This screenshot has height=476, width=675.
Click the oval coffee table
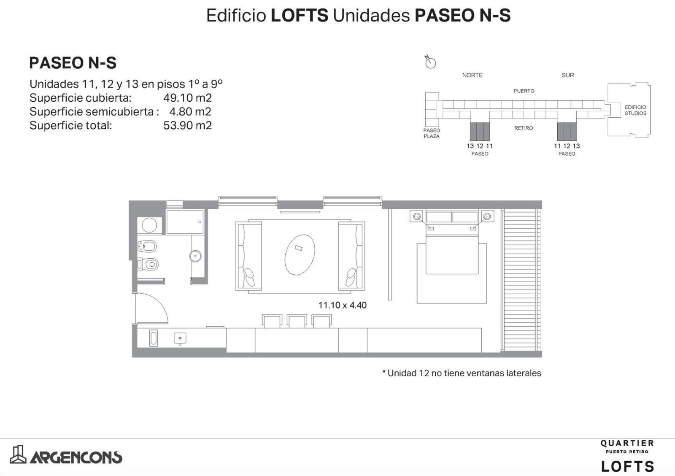click(300, 255)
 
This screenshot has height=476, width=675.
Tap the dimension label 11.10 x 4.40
click(342, 305)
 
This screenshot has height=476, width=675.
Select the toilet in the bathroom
click(148, 265)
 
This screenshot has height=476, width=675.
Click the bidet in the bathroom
click(147, 246)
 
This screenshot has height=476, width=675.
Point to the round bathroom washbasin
click(196, 256)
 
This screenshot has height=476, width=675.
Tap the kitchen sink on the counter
click(180, 338)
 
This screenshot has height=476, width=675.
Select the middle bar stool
click(297, 321)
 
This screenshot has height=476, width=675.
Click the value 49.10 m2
click(187, 97)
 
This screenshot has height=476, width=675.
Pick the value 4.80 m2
click(190, 111)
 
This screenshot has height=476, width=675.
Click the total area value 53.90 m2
click(187, 125)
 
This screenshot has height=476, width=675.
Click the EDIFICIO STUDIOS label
click(635, 110)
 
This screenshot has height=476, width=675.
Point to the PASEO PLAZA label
click(432, 133)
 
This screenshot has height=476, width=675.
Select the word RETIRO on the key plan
click(524, 128)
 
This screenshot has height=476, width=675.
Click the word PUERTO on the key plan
click(524, 91)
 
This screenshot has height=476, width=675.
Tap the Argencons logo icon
click(19, 454)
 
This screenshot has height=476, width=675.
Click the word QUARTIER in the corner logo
click(627, 443)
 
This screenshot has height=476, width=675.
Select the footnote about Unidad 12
click(462, 373)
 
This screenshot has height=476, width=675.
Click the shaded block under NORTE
click(480, 131)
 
